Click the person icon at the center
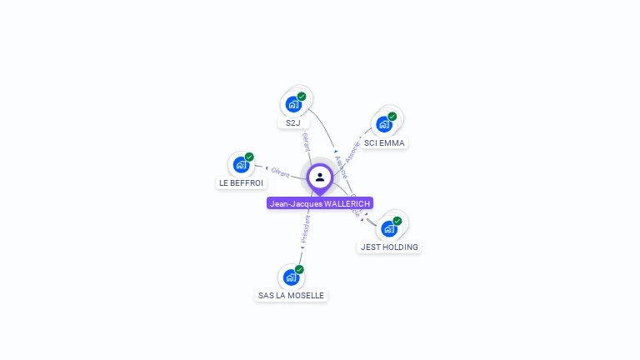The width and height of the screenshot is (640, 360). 320,177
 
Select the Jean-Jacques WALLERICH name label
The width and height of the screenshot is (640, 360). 320,203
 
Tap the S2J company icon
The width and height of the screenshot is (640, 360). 292,104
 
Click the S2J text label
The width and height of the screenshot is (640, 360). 292,122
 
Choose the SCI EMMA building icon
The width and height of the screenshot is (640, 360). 383,124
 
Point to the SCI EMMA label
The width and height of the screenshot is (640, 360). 384,142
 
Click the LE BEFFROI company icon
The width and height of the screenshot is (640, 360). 241,164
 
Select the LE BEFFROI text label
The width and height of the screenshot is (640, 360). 241,182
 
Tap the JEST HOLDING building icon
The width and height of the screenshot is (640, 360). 388,228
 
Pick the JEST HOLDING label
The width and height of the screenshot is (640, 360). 389,247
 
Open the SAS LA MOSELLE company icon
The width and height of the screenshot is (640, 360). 291,277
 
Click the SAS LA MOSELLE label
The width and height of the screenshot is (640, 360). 291,295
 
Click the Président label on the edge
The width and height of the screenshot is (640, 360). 305,229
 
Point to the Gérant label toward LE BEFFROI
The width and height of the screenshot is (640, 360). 280,172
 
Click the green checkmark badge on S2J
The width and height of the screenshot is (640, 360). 302,96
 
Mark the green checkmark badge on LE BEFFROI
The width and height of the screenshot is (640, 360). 249,157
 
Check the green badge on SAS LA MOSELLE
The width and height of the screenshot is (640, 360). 299,269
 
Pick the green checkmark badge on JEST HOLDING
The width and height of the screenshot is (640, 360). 397,221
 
